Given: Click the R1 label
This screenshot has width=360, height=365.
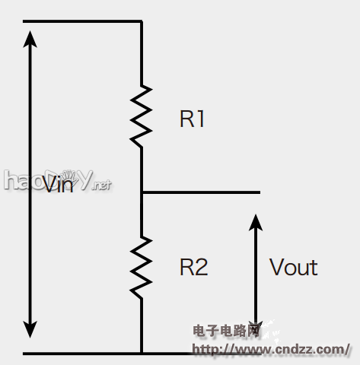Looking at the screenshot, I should pyautogui.click(x=193, y=119).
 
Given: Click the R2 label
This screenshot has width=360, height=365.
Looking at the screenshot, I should pyautogui.click(x=193, y=267).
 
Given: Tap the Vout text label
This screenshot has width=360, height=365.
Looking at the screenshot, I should pyautogui.click(x=293, y=267).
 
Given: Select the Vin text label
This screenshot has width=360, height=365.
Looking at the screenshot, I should pyautogui.click(x=59, y=185).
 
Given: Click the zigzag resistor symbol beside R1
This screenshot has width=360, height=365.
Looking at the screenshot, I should pyautogui.click(x=142, y=115).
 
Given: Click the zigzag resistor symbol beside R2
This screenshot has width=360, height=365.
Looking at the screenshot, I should pyautogui.click(x=142, y=267).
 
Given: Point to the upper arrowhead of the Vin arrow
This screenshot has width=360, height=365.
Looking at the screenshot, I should pyautogui.click(x=30, y=38).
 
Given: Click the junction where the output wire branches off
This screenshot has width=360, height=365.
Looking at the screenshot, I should pyautogui.click(x=142, y=193).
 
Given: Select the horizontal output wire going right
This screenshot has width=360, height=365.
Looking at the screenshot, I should pyautogui.click(x=202, y=193).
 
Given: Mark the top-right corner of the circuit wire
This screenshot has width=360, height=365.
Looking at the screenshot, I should pyautogui.click(x=142, y=22).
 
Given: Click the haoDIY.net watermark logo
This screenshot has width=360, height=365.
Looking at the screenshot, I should pyautogui.click(x=57, y=180).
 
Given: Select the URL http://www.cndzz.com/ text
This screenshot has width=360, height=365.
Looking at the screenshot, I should pyautogui.click(x=270, y=349).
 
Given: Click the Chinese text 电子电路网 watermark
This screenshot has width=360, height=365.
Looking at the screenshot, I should pyautogui.click(x=228, y=332).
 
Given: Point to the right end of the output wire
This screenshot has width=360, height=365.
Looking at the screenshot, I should pyautogui.click(x=259, y=193).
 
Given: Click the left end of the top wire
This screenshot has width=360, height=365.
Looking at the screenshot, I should pyautogui.click(x=25, y=21).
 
